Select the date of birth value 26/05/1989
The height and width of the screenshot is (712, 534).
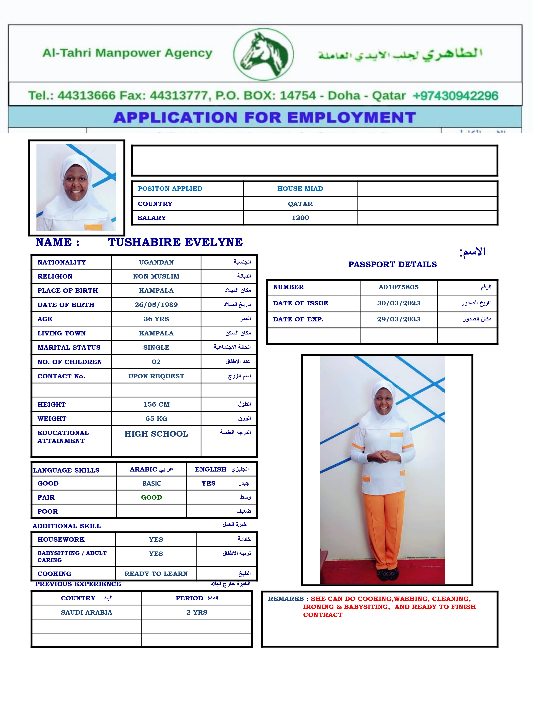point(156,305)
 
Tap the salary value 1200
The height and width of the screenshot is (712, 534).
point(300,218)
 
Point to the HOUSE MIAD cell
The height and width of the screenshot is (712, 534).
point(300,189)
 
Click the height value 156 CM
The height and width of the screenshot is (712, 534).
point(156,404)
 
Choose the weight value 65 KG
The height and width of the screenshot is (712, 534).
point(156,418)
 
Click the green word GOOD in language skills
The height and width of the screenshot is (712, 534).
point(151,497)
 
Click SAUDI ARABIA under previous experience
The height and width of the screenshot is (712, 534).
point(87,612)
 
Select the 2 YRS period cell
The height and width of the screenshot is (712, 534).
point(197,612)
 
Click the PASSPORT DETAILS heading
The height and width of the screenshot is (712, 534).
point(392,265)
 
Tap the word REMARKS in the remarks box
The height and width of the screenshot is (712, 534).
point(286,599)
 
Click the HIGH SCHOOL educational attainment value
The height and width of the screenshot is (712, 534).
point(156,434)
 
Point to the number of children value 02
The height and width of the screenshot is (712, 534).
point(156,362)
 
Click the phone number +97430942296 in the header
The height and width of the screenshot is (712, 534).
point(455,96)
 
